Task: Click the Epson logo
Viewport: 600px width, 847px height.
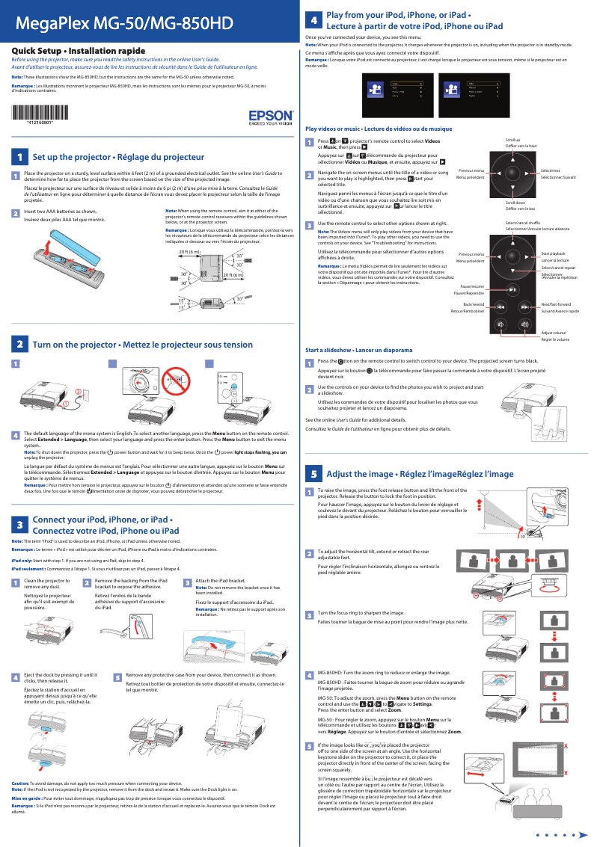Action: click(270, 117)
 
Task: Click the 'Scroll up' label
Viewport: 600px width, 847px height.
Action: click(512, 140)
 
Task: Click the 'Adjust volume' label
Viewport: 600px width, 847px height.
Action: click(553, 332)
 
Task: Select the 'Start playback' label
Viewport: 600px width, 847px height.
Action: click(553, 254)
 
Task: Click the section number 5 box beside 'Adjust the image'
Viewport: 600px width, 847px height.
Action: click(315, 474)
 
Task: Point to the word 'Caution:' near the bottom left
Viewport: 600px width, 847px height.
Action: click(19, 783)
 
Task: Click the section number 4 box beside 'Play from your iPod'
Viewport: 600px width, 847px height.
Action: click(315, 20)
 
